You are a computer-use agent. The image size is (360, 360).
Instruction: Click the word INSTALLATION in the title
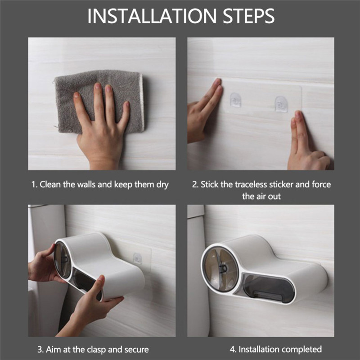point(152,16)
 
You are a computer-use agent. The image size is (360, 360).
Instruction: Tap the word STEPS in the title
point(249,16)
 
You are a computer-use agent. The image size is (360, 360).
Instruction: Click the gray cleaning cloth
point(99,101)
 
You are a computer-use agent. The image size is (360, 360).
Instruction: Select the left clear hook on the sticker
point(235,100)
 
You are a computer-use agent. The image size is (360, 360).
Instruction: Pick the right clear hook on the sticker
point(281,104)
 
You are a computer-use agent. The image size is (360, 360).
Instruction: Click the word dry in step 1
point(162,185)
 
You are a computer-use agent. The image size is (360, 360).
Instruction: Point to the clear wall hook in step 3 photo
point(138,258)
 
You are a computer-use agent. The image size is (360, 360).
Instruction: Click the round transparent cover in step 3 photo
point(63,260)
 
